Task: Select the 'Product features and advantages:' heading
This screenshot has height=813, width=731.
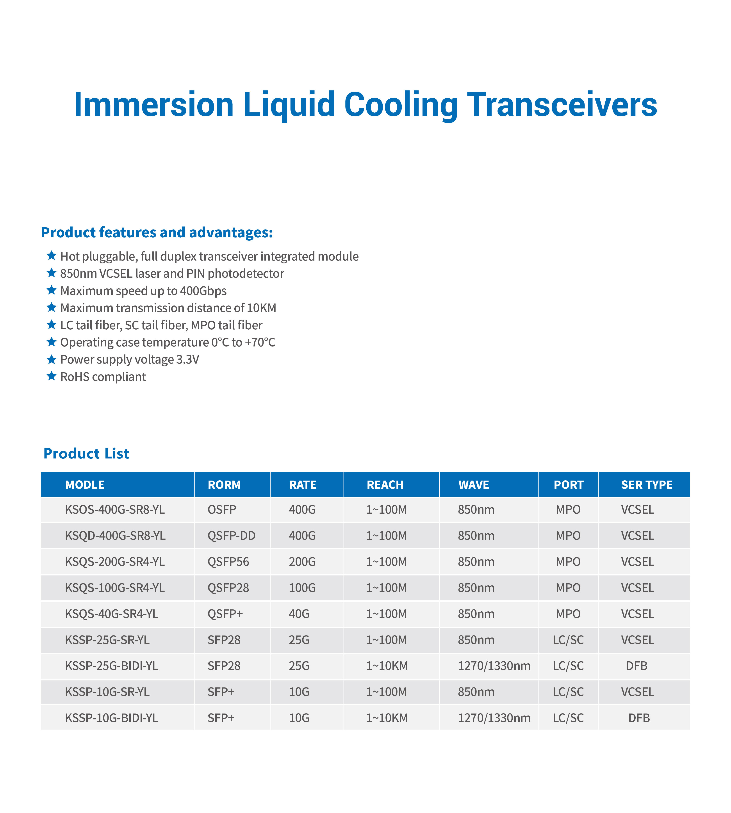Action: pyautogui.click(x=157, y=233)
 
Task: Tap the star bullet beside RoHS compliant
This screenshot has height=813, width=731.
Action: pyautogui.click(x=51, y=376)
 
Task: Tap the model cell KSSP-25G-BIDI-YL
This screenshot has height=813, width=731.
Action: pyautogui.click(x=112, y=666)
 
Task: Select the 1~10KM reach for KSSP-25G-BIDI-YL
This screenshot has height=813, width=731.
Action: pyautogui.click(x=387, y=666)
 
